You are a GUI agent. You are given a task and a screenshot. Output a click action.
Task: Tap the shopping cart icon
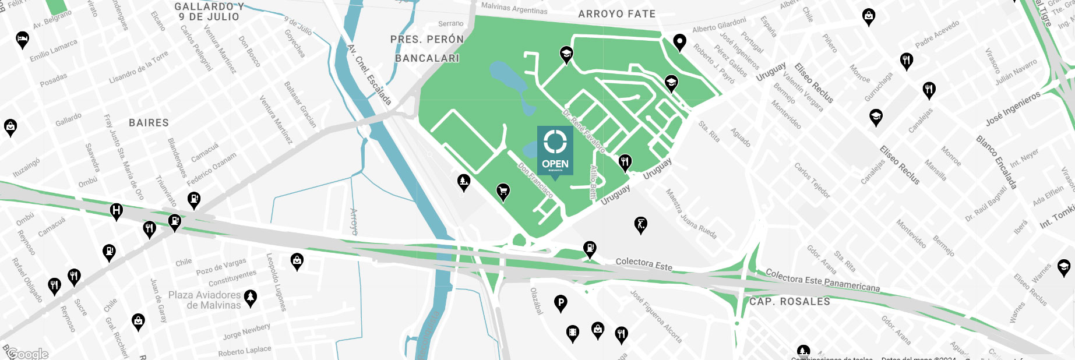click(503, 190)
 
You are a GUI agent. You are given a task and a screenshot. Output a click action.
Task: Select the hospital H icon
click(117, 210)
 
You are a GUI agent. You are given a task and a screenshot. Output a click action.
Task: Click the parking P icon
click(561, 302)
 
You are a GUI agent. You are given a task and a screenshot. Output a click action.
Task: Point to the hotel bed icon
click(22, 39)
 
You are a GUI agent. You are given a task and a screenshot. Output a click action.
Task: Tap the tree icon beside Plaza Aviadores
click(251, 298)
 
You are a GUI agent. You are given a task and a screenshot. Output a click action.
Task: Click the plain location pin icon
click(679, 42)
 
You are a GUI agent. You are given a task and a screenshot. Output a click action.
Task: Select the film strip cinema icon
click(573, 333)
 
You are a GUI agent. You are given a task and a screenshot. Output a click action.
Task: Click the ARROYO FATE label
click(616, 14)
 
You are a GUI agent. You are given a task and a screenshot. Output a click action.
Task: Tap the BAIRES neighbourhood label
click(149, 123)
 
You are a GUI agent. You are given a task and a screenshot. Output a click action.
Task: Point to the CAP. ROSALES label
click(789, 302)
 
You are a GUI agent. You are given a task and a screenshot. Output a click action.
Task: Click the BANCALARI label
click(427, 58)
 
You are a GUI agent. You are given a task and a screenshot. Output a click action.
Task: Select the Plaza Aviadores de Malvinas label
click(205, 300)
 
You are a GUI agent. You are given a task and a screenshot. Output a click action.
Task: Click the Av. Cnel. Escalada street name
click(369, 75)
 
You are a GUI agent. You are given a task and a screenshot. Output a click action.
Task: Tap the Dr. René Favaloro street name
click(584, 130)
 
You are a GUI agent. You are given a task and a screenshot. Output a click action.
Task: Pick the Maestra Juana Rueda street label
click(691, 214)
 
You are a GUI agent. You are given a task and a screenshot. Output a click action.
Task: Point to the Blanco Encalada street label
click(996, 162)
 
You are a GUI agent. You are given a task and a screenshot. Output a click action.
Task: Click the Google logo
click(28, 354)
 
